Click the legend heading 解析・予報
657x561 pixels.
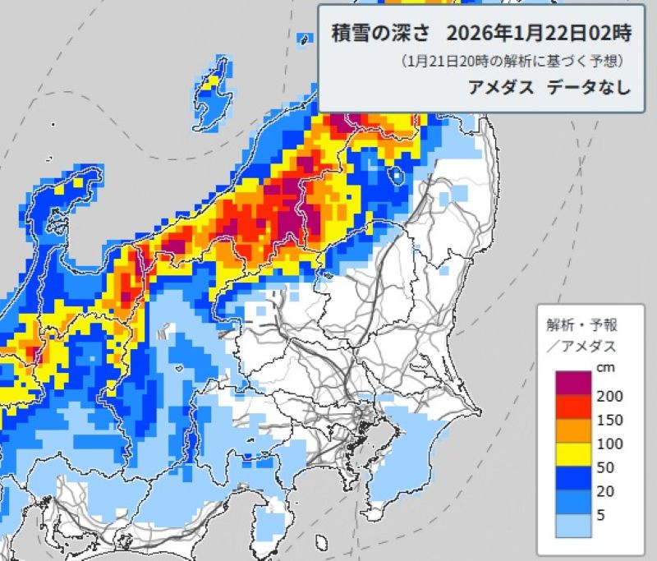(x=581, y=324)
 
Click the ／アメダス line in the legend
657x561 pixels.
(x=581, y=346)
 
